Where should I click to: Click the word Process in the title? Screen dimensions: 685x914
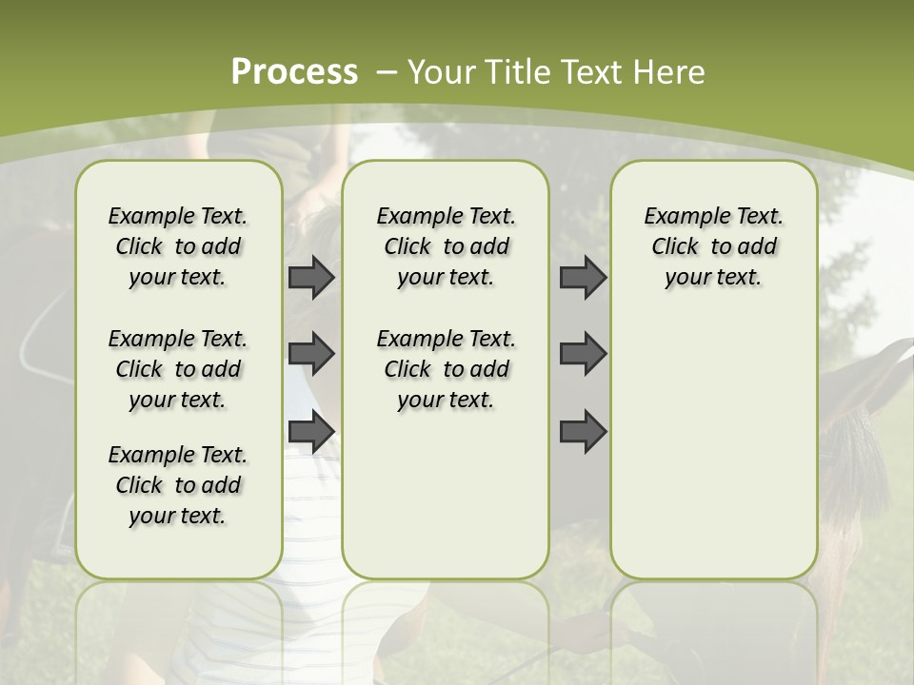click(x=294, y=72)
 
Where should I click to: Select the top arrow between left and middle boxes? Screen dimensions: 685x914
click(x=311, y=278)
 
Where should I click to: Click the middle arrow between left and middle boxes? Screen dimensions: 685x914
click(x=311, y=354)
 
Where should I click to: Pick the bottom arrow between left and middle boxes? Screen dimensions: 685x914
click(x=311, y=431)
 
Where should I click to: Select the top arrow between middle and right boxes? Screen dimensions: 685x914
click(x=583, y=278)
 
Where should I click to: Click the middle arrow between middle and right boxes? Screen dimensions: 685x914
click(x=583, y=354)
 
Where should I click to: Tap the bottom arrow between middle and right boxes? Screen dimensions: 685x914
click(x=583, y=431)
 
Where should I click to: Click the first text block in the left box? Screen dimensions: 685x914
click(x=178, y=246)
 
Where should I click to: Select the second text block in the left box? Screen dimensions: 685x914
click(x=178, y=369)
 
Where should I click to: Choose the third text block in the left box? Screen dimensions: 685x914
click(x=178, y=485)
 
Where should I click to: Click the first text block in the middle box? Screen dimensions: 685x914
click(x=446, y=246)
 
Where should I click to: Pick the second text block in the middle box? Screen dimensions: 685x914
click(x=446, y=369)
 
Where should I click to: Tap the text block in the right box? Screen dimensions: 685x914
click(x=714, y=246)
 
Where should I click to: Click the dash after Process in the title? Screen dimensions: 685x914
click(x=387, y=72)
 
